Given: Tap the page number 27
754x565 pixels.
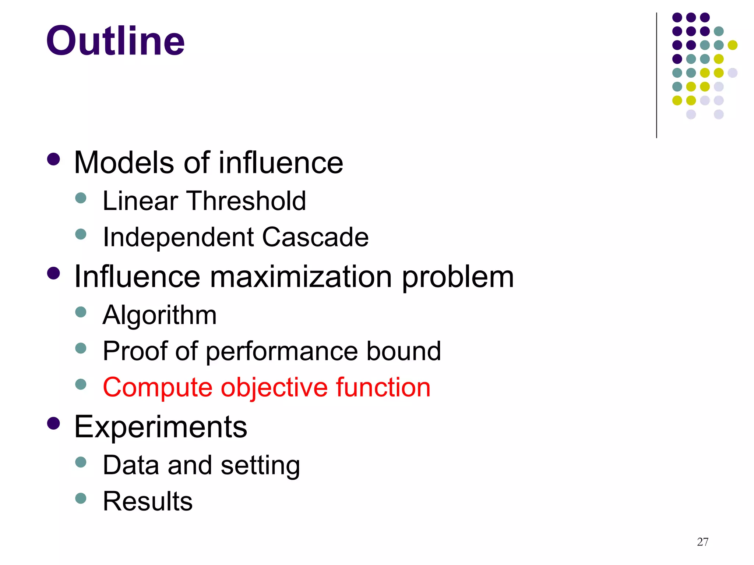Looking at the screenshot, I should point(702,542).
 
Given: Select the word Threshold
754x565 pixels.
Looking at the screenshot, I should point(247,201).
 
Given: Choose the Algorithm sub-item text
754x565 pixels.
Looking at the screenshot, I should point(159,315).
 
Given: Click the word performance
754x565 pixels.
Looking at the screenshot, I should point(282,351).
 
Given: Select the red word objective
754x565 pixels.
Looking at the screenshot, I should point(274,388).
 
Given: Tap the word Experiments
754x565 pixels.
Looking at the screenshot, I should point(161,427).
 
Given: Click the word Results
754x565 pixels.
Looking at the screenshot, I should point(148,501).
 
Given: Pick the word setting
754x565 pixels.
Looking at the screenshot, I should point(260,466).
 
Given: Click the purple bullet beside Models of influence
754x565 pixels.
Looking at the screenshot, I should point(54,160).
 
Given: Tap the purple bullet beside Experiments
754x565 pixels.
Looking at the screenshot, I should point(54,423).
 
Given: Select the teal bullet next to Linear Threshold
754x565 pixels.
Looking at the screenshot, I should point(81,198).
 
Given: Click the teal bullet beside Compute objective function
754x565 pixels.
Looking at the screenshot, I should point(81,384).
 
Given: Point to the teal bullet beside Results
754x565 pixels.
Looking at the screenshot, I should point(81,498).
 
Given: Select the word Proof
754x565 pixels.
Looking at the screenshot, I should point(135,351).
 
